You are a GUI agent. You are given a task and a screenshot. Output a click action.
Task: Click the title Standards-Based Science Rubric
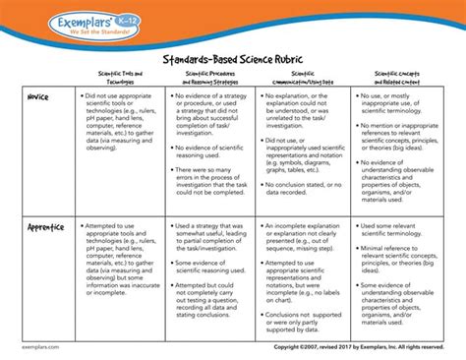coord(233,57)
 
